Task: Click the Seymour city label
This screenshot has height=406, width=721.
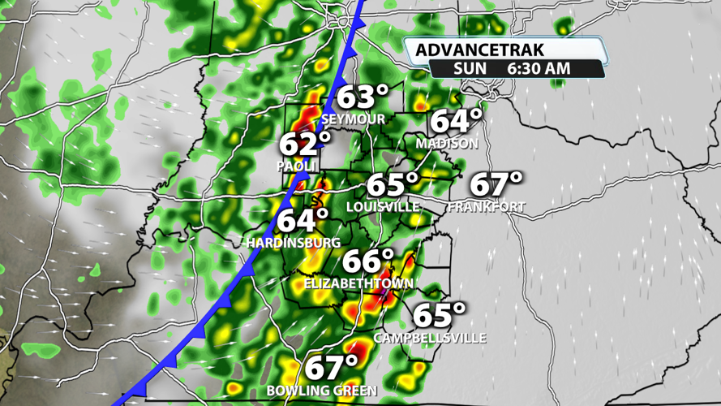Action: (x=353, y=119)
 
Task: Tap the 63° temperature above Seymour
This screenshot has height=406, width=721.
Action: (x=363, y=97)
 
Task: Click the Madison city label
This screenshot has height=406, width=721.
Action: (x=447, y=143)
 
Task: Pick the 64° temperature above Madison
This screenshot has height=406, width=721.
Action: (x=456, y=121)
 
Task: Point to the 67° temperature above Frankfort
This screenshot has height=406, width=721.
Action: (x=496, y=184)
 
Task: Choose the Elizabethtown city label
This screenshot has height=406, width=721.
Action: (x=358, y=283)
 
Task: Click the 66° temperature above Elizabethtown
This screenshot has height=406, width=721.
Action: (x=368, y=261)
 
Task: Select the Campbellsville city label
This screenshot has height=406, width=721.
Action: (x=430, y=337)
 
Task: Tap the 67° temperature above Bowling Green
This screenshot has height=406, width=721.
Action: (x=331, y=367)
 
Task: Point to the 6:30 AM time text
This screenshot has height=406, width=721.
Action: (x=539, y=69)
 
